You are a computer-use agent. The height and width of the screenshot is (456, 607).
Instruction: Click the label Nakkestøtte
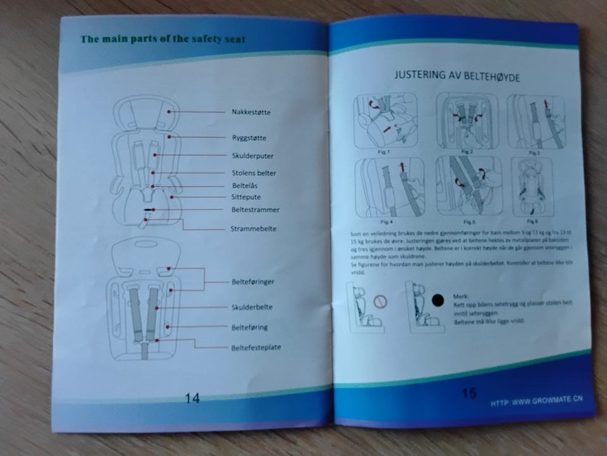[x=251, y=112]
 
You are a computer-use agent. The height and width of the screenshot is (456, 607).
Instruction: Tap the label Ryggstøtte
[x=248, y=137]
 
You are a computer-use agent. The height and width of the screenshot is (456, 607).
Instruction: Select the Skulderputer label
[x=252, y=155]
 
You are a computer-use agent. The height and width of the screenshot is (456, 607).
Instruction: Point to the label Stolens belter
[x=254, y=173]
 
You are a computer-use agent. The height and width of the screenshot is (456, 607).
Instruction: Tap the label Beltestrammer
[x=255, y=210]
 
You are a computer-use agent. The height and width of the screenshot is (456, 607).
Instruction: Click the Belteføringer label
[x=252, y=281]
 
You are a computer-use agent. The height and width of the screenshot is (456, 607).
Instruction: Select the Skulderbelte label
[x=252, y=307]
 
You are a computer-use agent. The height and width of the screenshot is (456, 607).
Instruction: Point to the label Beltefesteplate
[x=256, y=347]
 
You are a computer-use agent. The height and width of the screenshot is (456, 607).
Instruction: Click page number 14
[x=192, y=398]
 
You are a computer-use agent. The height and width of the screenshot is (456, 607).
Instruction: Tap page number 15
[x=469, y=393]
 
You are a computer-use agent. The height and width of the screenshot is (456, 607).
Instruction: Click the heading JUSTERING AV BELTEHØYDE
[x=457, y=75]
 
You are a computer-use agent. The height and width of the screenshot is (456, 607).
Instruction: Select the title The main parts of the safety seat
[x=163, y=39]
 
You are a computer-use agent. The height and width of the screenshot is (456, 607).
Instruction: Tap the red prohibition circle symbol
[x=380, y=300]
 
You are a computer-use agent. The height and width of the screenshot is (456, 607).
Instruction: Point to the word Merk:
[x=461, y=296]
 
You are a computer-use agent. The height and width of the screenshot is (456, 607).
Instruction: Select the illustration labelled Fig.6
[x=530, y=187]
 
